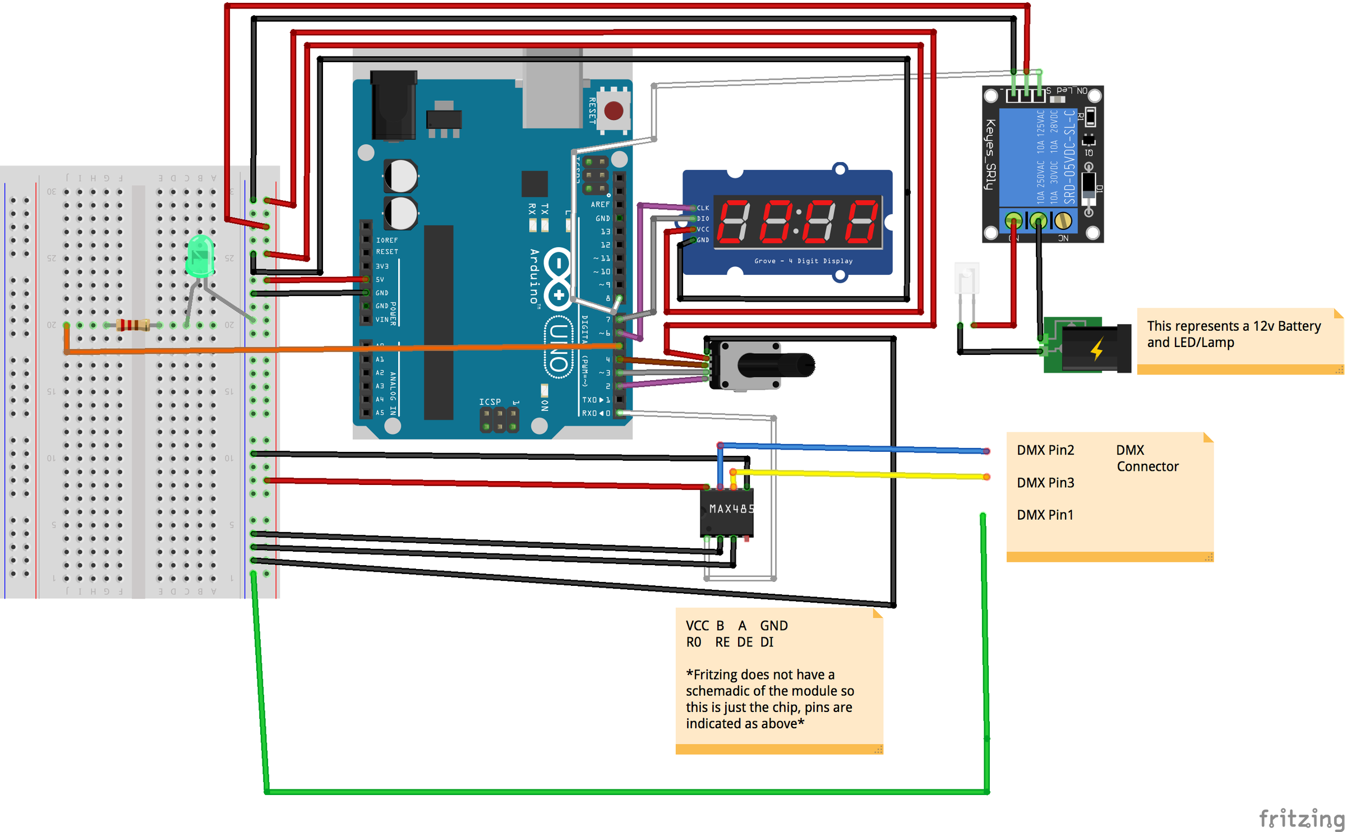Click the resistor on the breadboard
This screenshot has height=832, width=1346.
point(133,325)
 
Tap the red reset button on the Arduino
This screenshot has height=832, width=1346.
point(614,110)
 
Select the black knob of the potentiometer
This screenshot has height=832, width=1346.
point(776,366)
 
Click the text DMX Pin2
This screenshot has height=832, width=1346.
point(1045,450)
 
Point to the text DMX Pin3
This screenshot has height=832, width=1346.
point(1045,483)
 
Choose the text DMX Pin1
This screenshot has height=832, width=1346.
point(1045,515)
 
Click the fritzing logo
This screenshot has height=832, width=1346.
point(1301,818)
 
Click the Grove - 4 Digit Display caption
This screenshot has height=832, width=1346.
point(803,261)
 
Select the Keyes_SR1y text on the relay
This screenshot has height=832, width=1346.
point(991,155)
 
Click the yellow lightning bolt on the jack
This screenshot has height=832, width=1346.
point(1097,349)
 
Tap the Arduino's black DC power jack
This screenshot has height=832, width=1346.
point(394,105)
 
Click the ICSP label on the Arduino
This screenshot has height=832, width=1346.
point(490,402)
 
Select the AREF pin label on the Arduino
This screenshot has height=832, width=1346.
point(600,205)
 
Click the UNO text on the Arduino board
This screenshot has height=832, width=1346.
point(559,348)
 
